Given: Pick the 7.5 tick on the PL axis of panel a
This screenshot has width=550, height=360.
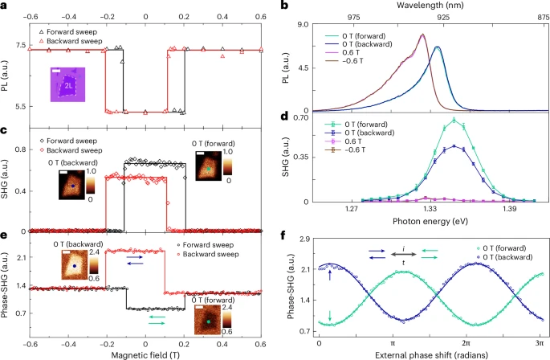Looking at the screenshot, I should click(x=18, y=49).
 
